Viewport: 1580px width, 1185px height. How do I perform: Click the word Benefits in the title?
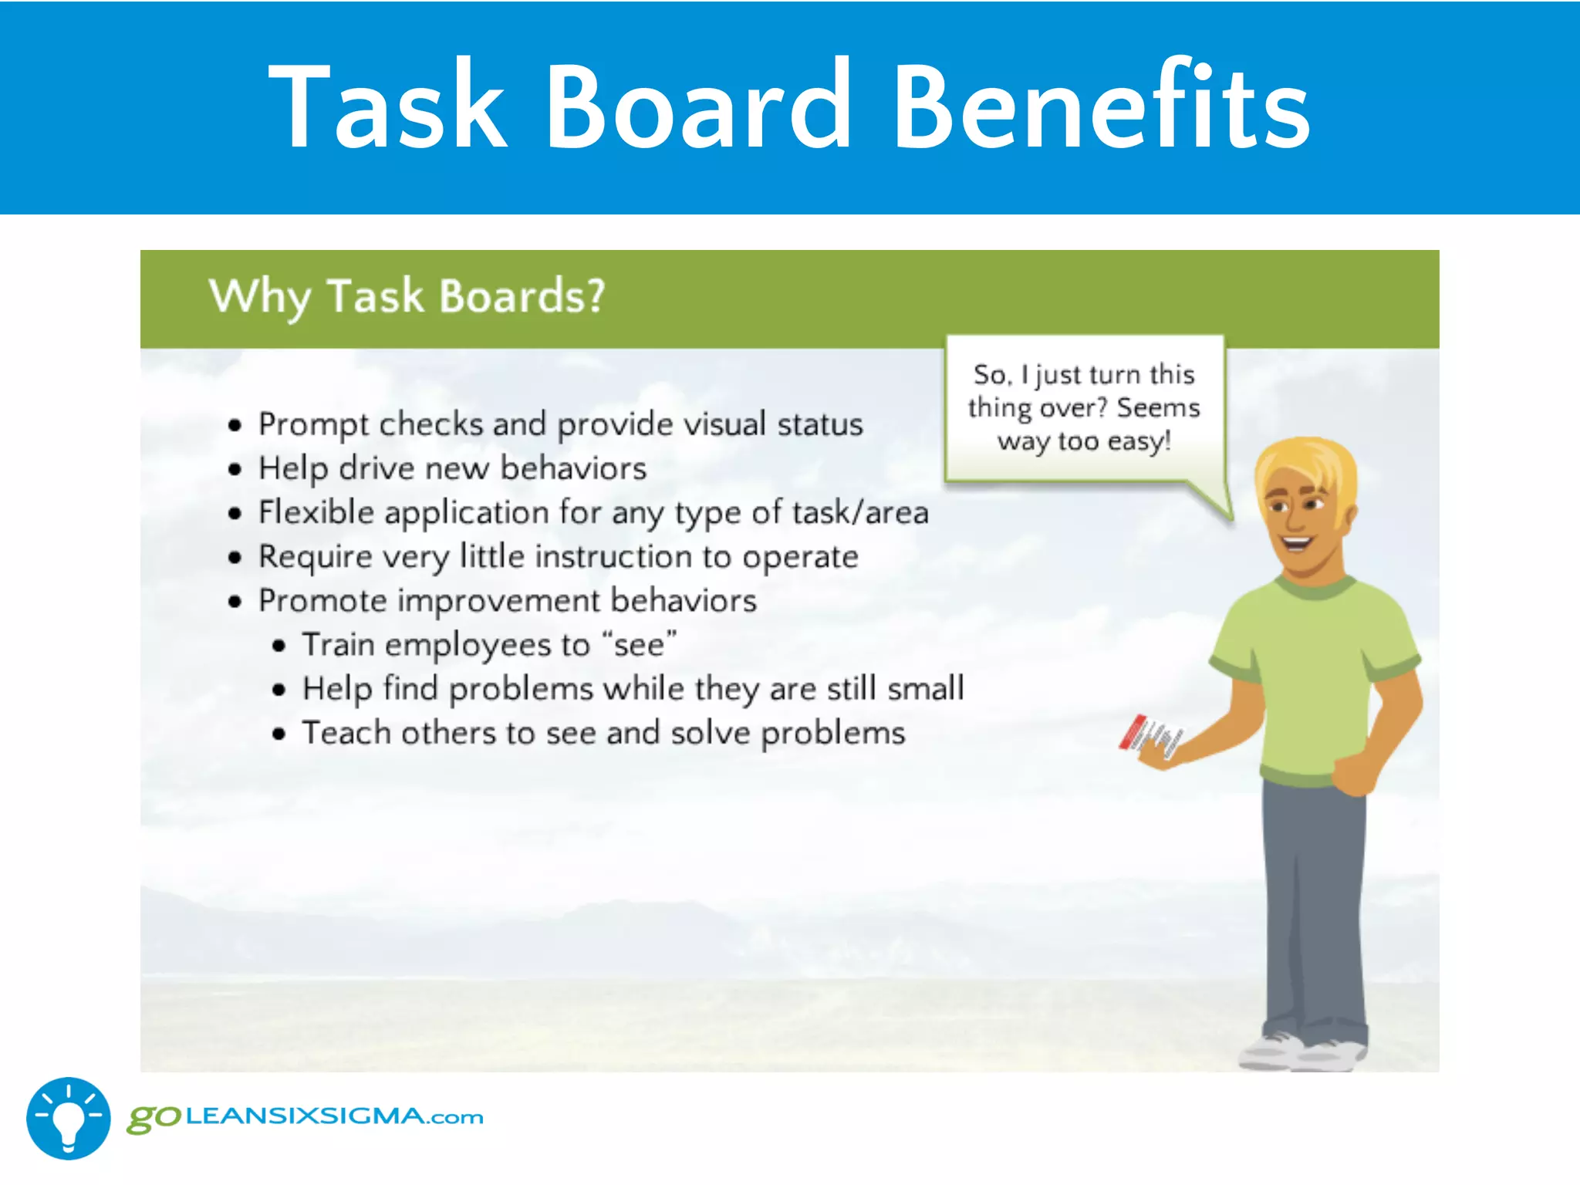click(x=1102, y=106)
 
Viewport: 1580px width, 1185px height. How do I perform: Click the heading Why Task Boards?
click(x=407, y=296)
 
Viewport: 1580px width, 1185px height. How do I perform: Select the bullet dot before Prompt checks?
click(x=235, y=425)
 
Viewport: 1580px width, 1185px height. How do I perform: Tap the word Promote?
click(x=322, y=601)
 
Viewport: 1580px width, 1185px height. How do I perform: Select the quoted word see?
click(x=639, y=645)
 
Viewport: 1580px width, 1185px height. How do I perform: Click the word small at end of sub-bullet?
click(x=925, y=688)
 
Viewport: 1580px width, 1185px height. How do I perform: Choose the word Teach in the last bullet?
click(x=346, y=733)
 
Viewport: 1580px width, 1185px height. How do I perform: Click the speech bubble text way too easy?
click(x=1084, y=441)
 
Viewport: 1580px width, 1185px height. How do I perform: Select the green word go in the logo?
click(x=153, y=1118)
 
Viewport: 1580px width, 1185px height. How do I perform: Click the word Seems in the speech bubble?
click(x=1158, y=407)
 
